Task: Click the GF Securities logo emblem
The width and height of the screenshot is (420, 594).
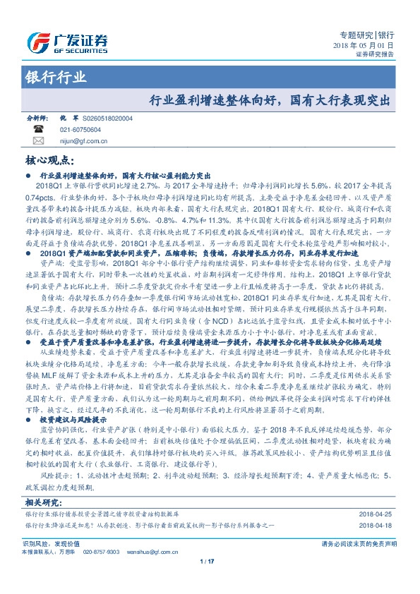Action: (37, 42)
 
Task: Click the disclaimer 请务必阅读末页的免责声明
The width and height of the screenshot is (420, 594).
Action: (359, 544)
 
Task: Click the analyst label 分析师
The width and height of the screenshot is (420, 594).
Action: (35, 119)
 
